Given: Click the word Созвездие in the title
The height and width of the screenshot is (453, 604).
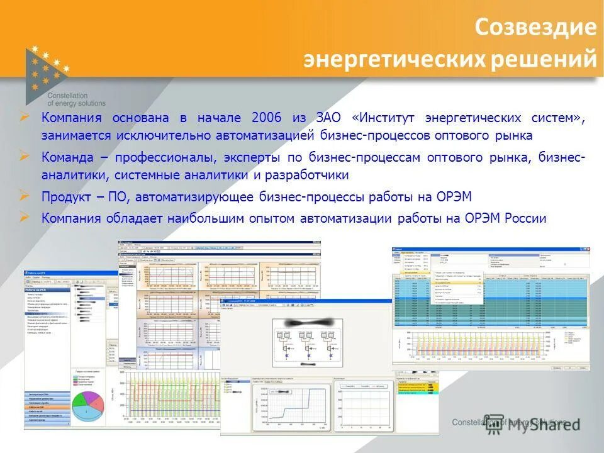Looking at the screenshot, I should (534, 28).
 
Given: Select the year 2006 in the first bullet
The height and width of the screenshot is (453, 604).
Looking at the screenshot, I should (267, 118).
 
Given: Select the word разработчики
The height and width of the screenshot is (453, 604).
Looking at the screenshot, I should (311, 175).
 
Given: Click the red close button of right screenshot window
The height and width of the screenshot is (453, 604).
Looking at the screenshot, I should (586, 250).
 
